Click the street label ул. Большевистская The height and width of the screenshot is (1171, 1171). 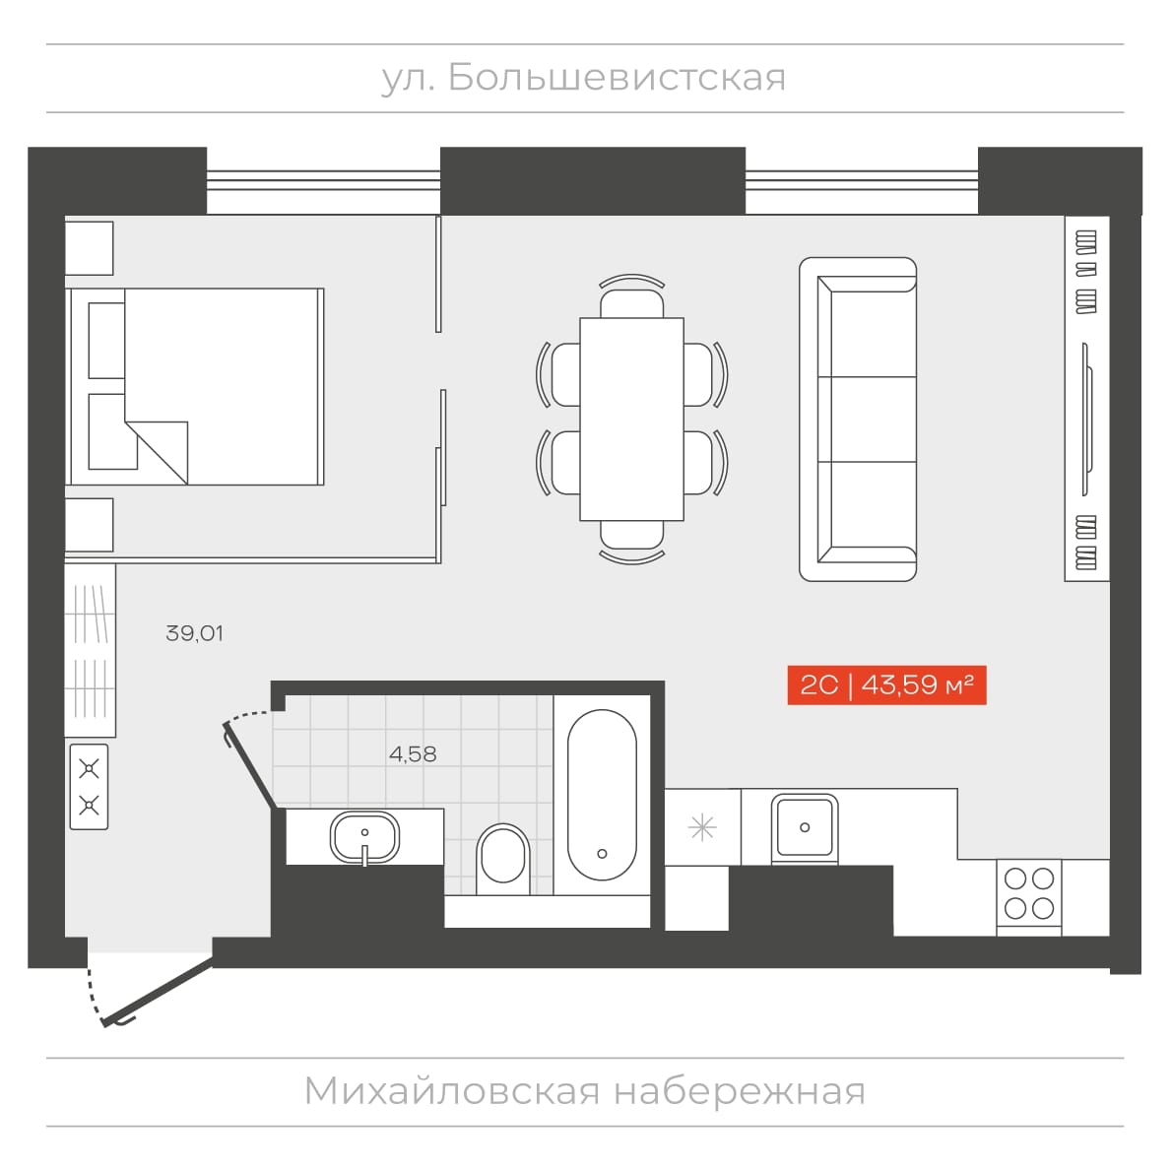click(583, 78)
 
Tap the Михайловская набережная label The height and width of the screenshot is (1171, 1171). click(585, 1091)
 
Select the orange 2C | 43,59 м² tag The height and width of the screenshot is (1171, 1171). click(886, 684)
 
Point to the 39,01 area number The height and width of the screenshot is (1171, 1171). click(194, 633)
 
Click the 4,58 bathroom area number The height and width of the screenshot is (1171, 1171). click(413, 753)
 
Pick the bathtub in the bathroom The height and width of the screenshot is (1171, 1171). click(602, 795)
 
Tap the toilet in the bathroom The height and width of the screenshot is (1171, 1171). click(502, 859)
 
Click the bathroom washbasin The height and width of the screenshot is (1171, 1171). click(364, 837)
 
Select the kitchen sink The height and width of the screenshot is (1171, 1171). click(805, 827)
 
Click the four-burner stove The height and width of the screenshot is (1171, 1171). click(1029, 893)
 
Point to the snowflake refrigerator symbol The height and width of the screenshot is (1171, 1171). click(702, 827)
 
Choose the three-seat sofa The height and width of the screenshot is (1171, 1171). click(858, 419)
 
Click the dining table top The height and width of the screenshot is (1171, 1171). click(632, 419)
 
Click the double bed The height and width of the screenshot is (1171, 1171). click(196, 387)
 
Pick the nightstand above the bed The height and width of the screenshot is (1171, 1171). click(90, 248)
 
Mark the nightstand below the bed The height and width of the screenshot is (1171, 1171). click(90, 525)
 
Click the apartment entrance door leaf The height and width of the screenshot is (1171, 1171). click(158, 991)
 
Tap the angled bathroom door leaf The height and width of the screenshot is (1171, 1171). click(251, 766)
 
